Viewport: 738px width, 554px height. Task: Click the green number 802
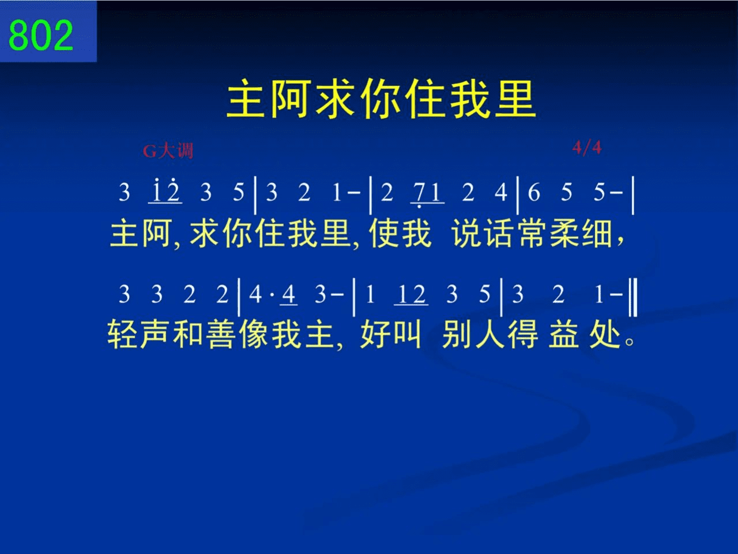click(x=41, y=35)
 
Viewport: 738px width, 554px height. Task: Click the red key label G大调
click(x=168, y=150)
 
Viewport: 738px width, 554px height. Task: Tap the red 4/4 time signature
click(x=587, y=148)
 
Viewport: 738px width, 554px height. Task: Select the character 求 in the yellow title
click(x=337, y=99)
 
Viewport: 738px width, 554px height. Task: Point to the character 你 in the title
click(x=381, y=99)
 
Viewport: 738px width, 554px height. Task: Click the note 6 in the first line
click(x=534, y=193)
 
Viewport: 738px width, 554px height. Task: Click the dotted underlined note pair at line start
click(x=165, y=191)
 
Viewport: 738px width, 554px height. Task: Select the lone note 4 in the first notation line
click(x=500, y=193)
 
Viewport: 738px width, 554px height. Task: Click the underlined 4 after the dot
click(x=289, y=295)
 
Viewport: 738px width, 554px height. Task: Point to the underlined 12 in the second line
click(x=411, y=295)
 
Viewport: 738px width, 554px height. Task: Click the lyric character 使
click(x=383, y=233)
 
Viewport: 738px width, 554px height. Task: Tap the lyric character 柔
click(x=565, y=233)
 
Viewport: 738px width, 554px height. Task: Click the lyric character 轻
click(x=122, y=334)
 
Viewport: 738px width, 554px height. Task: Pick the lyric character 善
click(x=221, y=334)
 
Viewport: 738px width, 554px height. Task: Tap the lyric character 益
click(x=564, y=334)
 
